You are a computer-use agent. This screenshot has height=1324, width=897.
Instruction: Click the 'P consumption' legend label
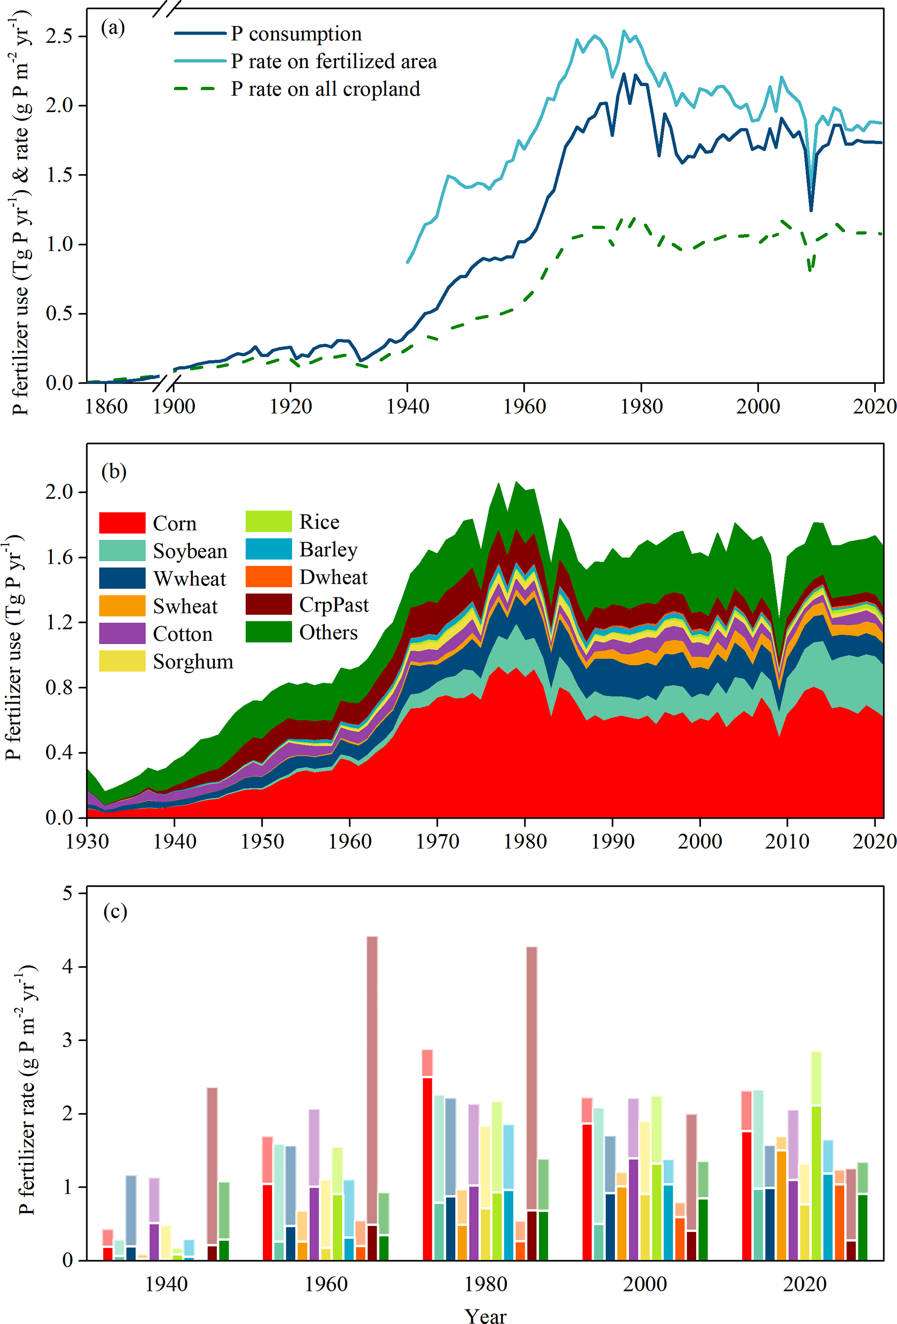[x=296, y=34]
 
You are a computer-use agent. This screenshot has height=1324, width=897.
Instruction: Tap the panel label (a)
[x=112, y=27]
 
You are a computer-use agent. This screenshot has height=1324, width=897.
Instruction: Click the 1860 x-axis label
[x=106, y=406]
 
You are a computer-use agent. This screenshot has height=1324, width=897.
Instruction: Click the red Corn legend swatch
[x=122, y=522]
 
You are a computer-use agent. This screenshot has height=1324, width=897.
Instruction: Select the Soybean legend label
[x=190, y=551]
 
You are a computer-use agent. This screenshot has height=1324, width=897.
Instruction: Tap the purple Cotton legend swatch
[x=122, y=633]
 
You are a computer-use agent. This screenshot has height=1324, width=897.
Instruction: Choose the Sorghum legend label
[x=193, y=662]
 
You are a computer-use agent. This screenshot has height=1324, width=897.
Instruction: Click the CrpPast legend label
[x=334, y=604]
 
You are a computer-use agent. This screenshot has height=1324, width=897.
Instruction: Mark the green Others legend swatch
[x=268, y=632]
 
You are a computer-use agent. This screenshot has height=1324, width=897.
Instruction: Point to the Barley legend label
[x=328, y=550]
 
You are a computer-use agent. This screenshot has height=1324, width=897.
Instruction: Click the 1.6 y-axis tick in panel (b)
[x=59, y=557]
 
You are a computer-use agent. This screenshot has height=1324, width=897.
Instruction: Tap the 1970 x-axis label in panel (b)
[x=437, y=841]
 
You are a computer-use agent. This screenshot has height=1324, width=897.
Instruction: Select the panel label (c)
[x=115, y=912]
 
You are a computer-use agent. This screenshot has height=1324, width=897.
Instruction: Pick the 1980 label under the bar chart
[x=485, y=1284]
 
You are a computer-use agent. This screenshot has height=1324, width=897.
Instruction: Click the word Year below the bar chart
[x=485, y=1315]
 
